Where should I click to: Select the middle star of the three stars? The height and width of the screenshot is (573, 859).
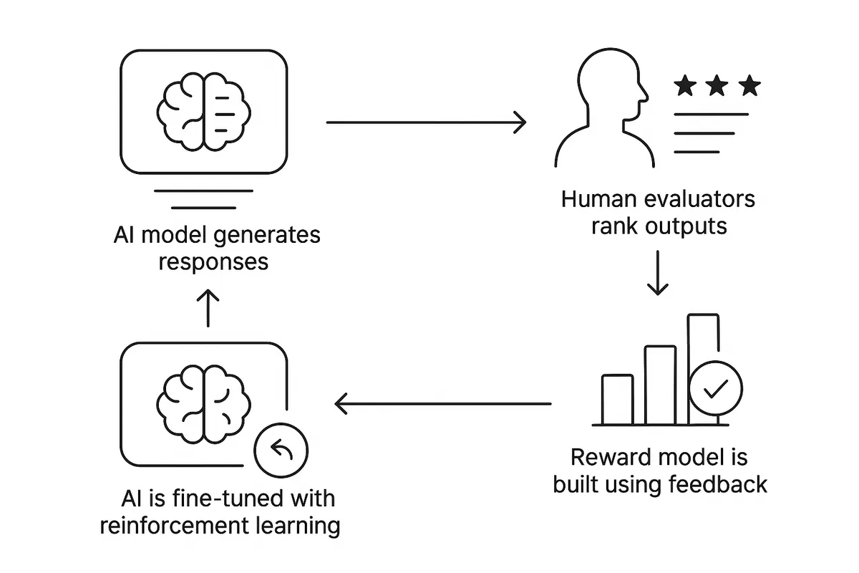pos(717,87)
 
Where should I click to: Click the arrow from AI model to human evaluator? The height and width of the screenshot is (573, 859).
pos(426,122)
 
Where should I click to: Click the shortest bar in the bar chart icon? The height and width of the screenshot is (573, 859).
pos(617,400)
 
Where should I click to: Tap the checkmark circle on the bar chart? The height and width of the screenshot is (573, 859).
pos(715,388)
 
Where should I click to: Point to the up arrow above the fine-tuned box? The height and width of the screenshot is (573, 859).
pos(207,308)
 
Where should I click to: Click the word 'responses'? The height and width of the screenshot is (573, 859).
pos(213,261)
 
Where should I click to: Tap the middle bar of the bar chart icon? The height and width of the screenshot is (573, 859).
pos(659,385)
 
